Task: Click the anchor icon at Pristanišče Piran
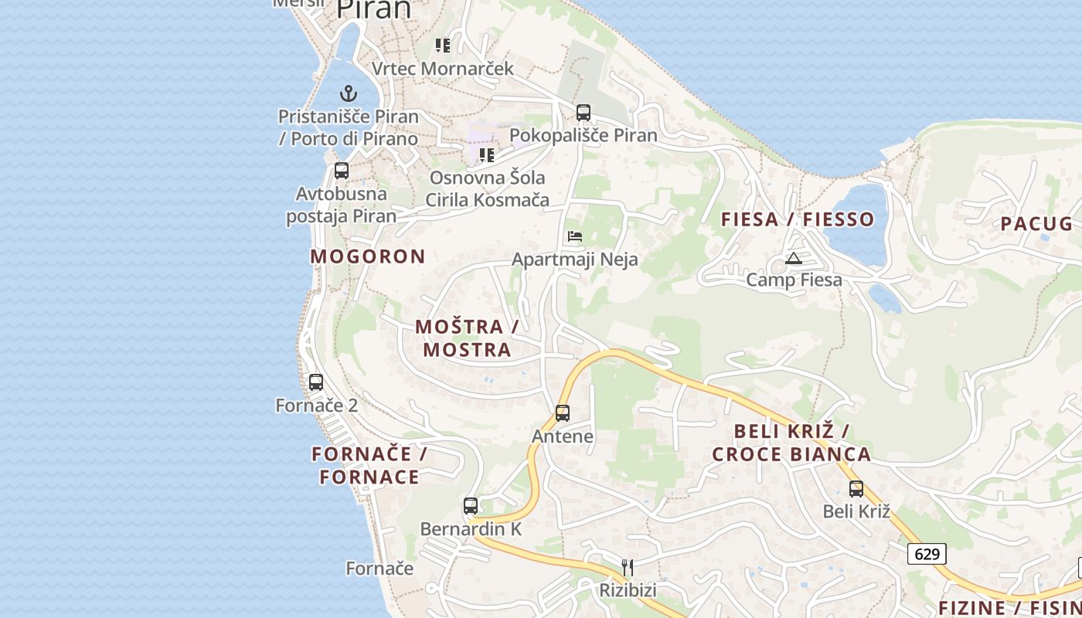(x=349, y=93)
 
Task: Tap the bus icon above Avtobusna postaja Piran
(x=342, y=171)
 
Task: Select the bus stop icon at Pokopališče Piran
(x=584, y=113)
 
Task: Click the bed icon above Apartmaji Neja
(x=575, y=236)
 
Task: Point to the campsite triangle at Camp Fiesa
(x=794, y=258)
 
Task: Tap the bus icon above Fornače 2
(x=316, y=382)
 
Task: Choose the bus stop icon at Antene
(x=563, y=413)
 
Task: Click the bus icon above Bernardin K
(x=471, y=506)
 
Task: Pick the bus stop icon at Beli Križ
(x=856, y=489)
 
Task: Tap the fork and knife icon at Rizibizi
(x=628, y=568)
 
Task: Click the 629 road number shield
(x=927, y=554)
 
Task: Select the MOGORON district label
(x=368, y=256)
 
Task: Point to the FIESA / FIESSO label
(x=798, y=219)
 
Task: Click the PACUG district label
(x=1036, y=224)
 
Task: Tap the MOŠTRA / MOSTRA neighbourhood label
(x=467, y=338)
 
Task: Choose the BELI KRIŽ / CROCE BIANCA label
(x=791, y=443)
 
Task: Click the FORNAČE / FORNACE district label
(x=369, y=465)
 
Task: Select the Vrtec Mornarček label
(x=443, y=69)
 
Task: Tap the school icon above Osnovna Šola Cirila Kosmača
(x=487, y=155)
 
